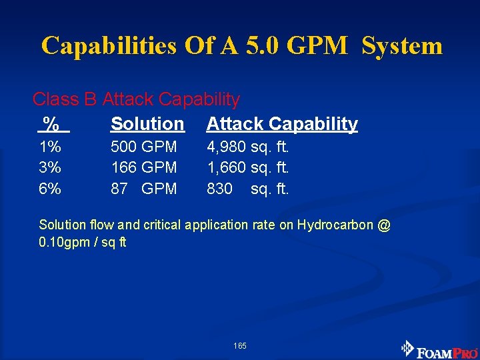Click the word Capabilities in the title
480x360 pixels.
[108, 45]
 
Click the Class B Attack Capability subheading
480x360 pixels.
[136, 99]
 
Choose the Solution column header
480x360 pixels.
[147, 124]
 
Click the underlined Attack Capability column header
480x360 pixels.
[282, 124]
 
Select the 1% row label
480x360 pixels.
[50, 146]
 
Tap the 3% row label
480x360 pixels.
[50, 167]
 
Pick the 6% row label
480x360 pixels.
[50, 189]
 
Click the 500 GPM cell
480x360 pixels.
[144, 146]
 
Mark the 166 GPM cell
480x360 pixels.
[144, 167]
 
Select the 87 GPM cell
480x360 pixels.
[144, 189]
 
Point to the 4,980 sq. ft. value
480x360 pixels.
[248, 146]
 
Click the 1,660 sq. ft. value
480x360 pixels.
[248, 167]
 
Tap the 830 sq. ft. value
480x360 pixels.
[248, 189]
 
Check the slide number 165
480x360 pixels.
[240, 345]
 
